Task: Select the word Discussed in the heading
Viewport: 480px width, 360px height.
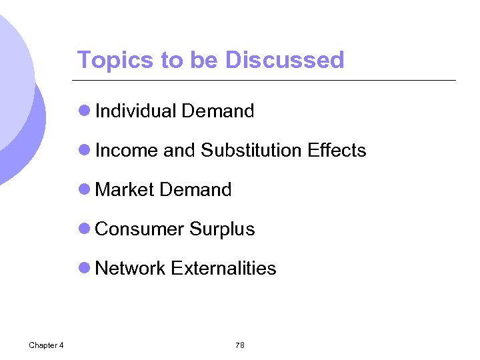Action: click(285, 60)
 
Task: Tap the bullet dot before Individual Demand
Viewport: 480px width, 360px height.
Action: click(84, 111)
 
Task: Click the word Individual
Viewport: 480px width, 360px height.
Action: click(136, 111)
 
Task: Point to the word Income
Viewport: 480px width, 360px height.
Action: click(127, 150)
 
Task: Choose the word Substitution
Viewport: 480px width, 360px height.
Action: click(251, 150)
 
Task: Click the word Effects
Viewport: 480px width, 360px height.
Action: click(337, 150)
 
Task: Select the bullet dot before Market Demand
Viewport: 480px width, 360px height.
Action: click(84, 189)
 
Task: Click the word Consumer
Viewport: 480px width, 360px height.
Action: click(139, 229)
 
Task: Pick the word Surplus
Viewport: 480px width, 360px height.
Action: click(222, 229)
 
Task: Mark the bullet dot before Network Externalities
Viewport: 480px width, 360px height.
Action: click(84, 268)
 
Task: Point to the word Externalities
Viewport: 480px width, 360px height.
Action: click(223, 268)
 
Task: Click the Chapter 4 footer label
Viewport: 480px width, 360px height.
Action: click(46, 345)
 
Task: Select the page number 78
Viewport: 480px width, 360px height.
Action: click(240, 345)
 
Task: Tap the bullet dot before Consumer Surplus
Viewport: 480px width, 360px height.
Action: click(84, 229)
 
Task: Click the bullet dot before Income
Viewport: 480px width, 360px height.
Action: click(84, 150)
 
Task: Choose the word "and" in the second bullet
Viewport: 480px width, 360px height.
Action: click(179, 150)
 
